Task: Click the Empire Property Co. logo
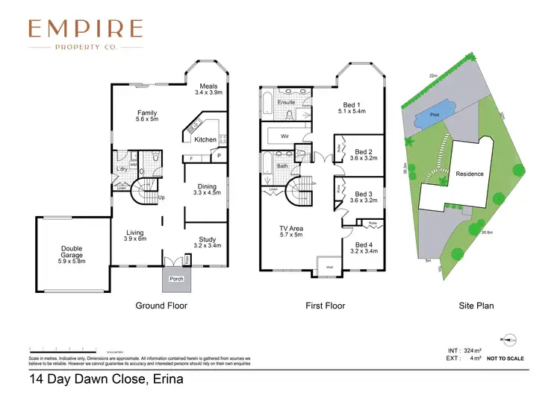[85, 34]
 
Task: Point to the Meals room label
[208, 89]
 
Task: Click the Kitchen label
[205, 139]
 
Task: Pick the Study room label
[207, 242]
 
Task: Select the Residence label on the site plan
[470, 174]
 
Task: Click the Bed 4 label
[363, 248]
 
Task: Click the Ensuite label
[286, 102]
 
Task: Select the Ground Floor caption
[161, 306]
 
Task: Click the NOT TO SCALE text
[505, 358]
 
